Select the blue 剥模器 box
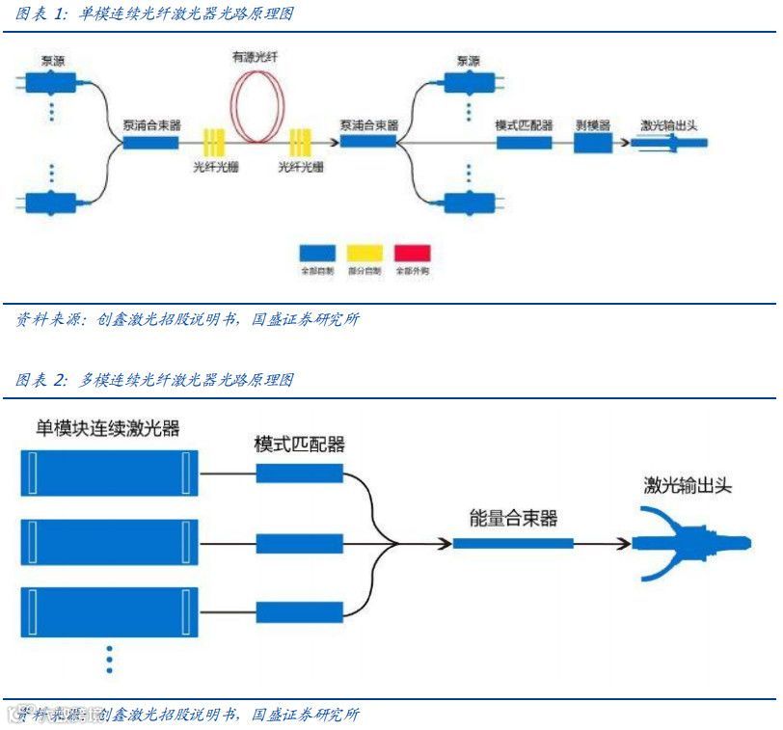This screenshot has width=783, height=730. coord(593,143)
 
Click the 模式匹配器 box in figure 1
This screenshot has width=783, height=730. coord(525,142)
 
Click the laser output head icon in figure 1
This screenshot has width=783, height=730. coord(670,144)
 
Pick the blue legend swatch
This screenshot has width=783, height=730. coord(316,253)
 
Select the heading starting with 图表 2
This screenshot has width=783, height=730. coord(154,380)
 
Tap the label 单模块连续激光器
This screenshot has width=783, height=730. coord(108,428)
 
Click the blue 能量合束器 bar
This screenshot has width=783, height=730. coord(512,544)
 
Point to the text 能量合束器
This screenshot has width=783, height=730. coord(513,519)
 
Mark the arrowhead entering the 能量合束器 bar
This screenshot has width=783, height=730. coord(445,544)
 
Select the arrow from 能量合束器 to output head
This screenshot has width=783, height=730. coord(603,544)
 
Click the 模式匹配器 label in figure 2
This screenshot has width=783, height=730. coord(299,445)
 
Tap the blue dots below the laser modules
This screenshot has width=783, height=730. coord(110,659)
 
